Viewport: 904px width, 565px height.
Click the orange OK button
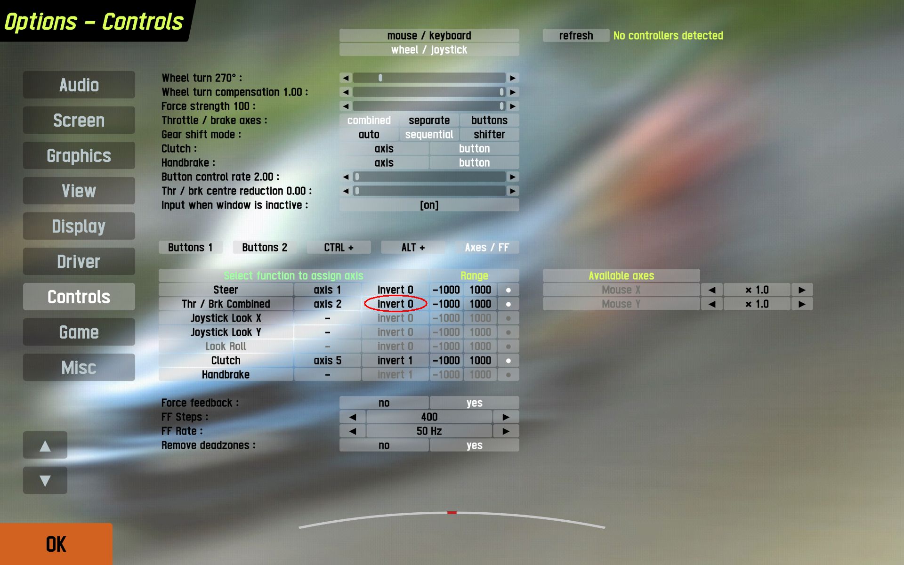[56, 544]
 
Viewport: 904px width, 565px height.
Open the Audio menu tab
[79, 85]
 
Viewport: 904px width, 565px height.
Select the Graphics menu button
[79, 156]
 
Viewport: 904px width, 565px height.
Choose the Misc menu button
[79, 368]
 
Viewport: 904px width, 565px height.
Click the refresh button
[576, 36]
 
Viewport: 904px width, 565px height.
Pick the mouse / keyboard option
[429, 36]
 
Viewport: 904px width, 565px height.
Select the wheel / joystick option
[429, 50]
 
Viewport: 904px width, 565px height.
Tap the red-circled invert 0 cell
[395, 304]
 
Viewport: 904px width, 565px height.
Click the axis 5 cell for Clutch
[327, 361]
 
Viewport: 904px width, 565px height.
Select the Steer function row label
[226, 290]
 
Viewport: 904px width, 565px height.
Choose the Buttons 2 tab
[264, 248]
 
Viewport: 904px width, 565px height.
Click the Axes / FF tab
[486, 248]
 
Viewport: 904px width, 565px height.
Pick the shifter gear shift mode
[489, 135]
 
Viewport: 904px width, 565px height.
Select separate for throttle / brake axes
[429, 121]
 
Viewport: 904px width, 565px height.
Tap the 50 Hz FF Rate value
[429, 431]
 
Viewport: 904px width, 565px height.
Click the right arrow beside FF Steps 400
[506, 417]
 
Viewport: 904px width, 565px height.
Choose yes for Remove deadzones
[474, 445]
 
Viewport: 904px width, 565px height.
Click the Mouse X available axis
[621, 290]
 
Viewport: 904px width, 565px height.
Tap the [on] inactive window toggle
[429, 205]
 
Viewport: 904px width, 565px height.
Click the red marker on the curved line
[452, 512]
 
